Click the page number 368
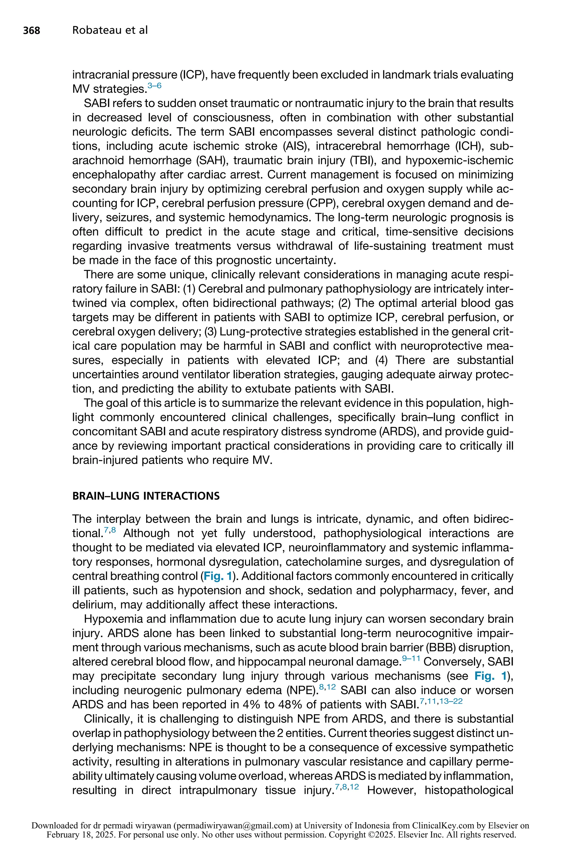click(32, 30)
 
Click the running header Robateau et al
click(110, 30)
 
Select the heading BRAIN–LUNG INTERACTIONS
click(146, 496)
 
